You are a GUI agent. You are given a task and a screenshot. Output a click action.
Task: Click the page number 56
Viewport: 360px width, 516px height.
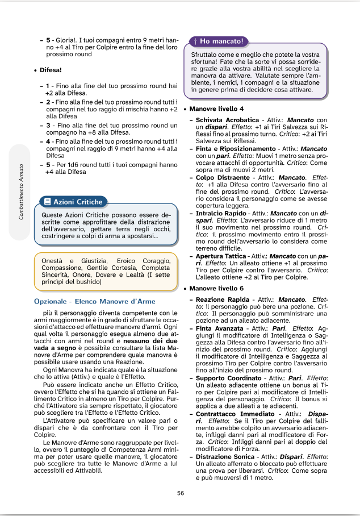[181, 493]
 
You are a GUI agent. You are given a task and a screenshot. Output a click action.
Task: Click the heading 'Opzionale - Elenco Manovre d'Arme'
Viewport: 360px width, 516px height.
[94, 301]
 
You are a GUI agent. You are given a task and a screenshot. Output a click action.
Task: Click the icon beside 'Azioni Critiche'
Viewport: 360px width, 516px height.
[47, 202]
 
